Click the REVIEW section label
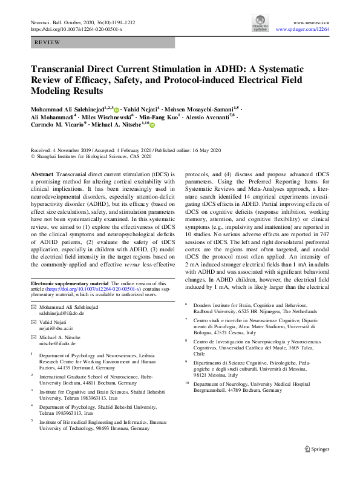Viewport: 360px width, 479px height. (47, 43)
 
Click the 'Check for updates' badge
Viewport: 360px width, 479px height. (260, 25)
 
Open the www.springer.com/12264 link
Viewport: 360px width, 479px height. (303, 29)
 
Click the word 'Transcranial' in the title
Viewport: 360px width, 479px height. (62, 70)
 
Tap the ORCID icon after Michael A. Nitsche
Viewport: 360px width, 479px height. (152, 125)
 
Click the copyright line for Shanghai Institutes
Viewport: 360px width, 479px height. (88, 157)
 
